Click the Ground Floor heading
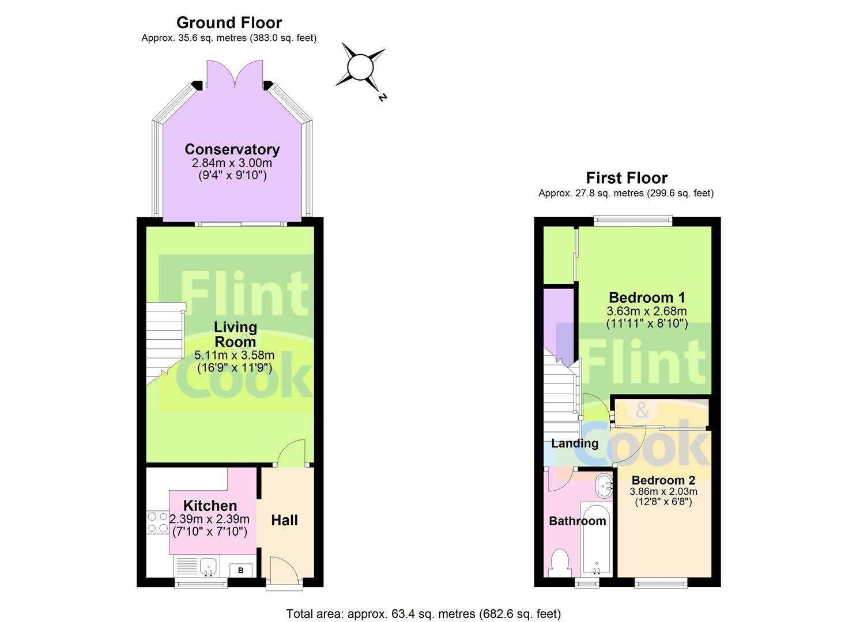(x=229, y=23)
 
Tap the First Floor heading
(x=627, y=178)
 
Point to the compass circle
(x=360, y=67)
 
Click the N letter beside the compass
(x=382, y=97)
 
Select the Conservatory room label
(x=232, y=149)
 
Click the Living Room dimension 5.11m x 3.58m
(x=234, y=355)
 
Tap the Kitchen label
(x=210, y=506)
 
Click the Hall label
(x=284, y=520)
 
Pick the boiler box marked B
(x=241, y=570)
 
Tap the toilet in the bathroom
(x=560, y=563)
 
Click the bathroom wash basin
(x=604, y=486)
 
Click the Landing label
(x=575, y=443)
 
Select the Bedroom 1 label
(x=647, y=297)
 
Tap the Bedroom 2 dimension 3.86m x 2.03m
(x=663, y=491)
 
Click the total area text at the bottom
(x=424, y=613)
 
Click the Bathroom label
(x=578, y=521)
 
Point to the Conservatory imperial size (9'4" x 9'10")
(x=232, y=176)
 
